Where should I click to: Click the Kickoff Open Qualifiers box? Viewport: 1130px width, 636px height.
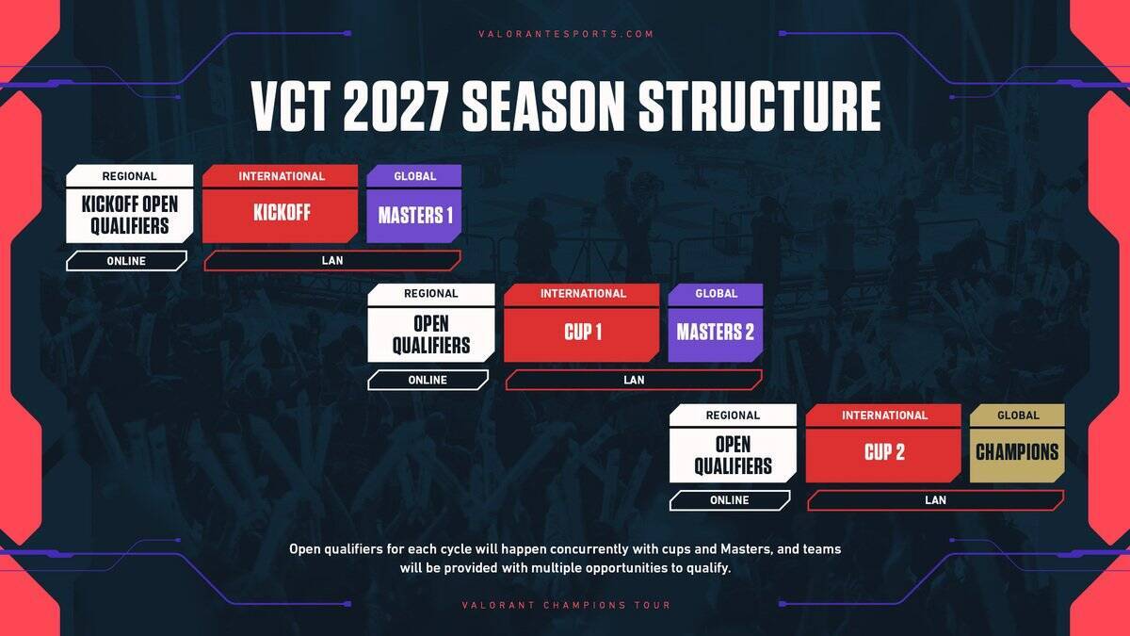click(129, 215)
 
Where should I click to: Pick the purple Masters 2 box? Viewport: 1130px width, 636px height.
click(716, 334)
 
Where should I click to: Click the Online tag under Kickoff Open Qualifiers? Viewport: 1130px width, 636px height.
click(126, 261)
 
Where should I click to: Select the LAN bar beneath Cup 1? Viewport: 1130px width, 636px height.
click(634, 381)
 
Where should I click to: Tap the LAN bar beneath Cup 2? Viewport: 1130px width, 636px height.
click(935, 500)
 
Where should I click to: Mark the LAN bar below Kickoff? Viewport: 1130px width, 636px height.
click(332, 261)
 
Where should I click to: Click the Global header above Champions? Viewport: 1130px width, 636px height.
click(1017, 415)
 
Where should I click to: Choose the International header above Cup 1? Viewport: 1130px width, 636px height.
click(582, 294)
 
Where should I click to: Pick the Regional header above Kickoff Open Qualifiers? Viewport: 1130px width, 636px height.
click(129, 176)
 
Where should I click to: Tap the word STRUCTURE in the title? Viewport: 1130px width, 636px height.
click(760, 106)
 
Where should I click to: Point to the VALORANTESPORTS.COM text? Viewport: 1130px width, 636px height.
click(565, 34)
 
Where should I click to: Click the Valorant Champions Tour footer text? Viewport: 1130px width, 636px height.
click(566, 605)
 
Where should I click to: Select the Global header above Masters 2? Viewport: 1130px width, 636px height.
click(716, 294)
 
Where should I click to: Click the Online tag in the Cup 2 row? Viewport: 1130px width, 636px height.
click(729, 500)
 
